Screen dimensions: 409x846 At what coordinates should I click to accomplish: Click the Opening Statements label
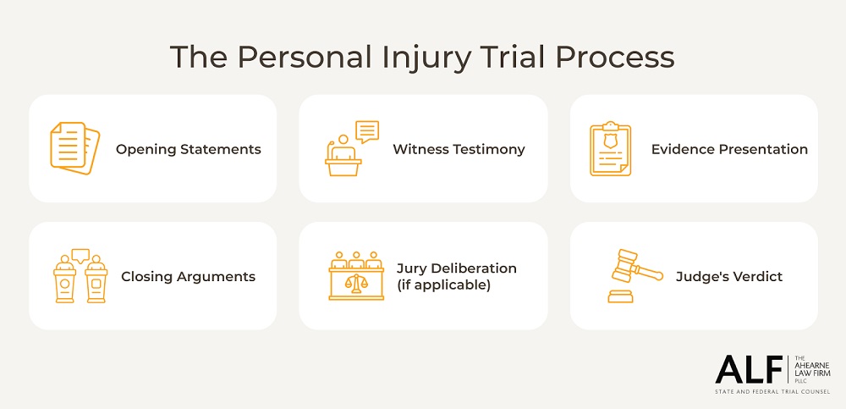point(188,149)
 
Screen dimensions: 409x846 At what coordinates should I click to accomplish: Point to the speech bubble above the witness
point(367,130)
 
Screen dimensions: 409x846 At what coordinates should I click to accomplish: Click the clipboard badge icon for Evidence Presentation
point(610,149)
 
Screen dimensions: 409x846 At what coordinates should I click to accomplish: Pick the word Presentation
point(763,149)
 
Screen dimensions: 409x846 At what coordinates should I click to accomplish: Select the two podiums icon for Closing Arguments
point(80,276)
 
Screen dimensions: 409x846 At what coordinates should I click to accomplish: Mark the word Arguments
point(218,276)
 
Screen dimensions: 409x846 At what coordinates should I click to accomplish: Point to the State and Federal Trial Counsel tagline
point(772,391)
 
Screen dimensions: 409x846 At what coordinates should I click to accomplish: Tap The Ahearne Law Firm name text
point(812,368)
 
